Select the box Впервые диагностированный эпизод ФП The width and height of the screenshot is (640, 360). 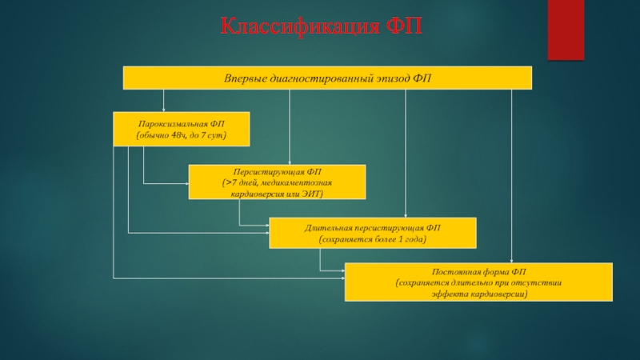click(x=326, y=78)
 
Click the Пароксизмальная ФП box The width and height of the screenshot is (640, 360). click(x=181, y=129)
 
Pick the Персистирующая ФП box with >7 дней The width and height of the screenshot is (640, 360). click(x=277, y=182)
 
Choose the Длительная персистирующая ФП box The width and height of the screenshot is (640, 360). click(x=373, y=233)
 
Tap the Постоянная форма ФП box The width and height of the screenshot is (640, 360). click(x=478, y=282)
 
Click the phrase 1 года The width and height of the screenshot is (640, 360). click(x=410, y=239)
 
